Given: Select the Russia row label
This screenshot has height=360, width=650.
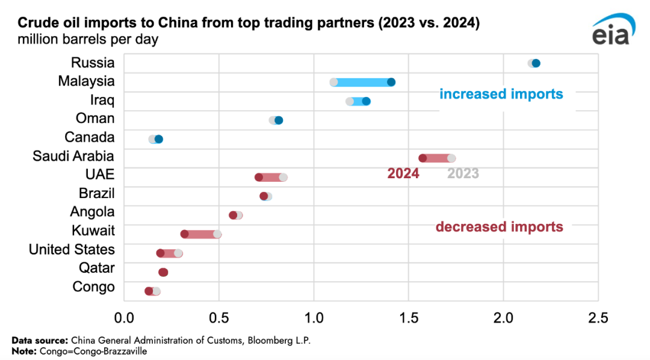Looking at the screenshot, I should pos(93,63).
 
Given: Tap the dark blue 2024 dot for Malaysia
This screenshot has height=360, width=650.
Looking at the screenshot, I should pos(391,82).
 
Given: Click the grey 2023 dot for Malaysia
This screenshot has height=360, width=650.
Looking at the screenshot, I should pos(334,82).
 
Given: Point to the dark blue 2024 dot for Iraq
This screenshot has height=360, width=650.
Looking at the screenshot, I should pos(366,101).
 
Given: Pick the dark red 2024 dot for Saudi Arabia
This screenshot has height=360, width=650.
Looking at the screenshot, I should pos(422,158).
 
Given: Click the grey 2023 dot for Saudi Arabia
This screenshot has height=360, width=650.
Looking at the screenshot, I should pos(451,158).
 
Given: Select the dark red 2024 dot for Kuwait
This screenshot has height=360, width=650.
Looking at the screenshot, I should pos(185,234).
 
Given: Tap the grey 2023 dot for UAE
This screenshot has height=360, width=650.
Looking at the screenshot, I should pos(283,177).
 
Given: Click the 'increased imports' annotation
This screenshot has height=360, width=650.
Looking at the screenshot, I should pos(501,94).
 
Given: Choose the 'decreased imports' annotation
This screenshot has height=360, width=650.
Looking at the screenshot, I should pos(499,227).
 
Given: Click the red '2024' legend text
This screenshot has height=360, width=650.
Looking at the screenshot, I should pos(403,174).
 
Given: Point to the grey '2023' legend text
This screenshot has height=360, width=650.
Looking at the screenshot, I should pos(463,174).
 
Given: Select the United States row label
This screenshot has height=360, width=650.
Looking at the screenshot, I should pos(72,249).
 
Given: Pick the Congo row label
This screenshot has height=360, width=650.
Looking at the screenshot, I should pos(93,287).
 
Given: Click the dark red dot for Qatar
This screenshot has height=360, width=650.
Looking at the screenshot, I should pos(163,272).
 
